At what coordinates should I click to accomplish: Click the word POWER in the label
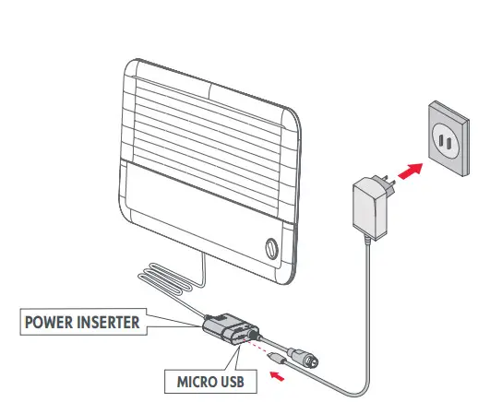point(49,322)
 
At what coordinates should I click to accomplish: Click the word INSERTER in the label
point(108,322)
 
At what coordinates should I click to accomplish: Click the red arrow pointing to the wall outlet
point(411,171)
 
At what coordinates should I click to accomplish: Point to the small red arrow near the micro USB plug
point(277,376)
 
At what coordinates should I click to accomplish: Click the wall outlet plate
point(448,138)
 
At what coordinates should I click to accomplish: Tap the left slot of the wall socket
point(441,140)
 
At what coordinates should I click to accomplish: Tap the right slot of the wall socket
point(448,144)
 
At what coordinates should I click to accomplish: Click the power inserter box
point(230,329)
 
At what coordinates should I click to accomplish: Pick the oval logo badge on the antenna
point(271,249)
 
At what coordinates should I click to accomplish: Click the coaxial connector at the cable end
point(303,358)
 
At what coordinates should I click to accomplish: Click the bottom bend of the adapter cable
point(357,394)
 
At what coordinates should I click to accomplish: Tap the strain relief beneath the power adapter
point(366,240)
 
